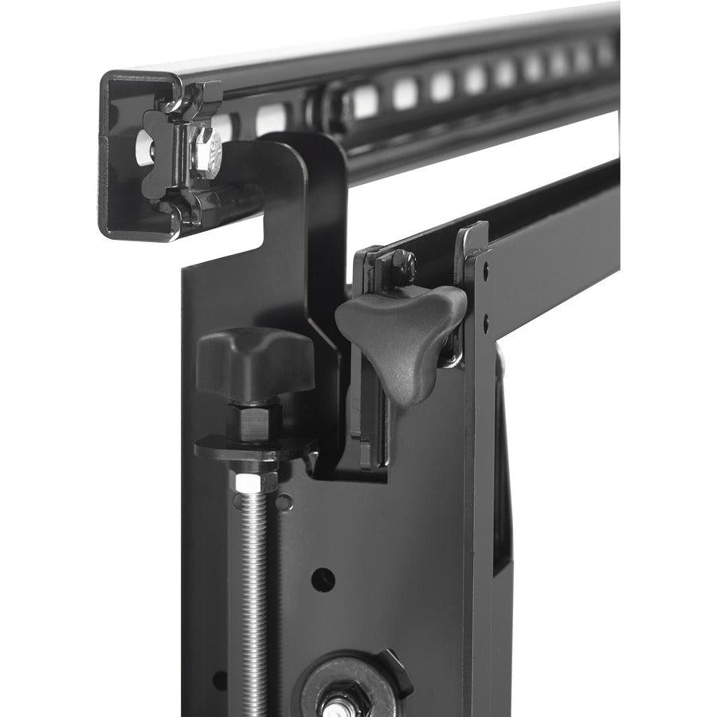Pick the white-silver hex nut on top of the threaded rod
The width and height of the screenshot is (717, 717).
tap(255, 480)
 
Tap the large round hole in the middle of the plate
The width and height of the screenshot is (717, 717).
tap(323, 579)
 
